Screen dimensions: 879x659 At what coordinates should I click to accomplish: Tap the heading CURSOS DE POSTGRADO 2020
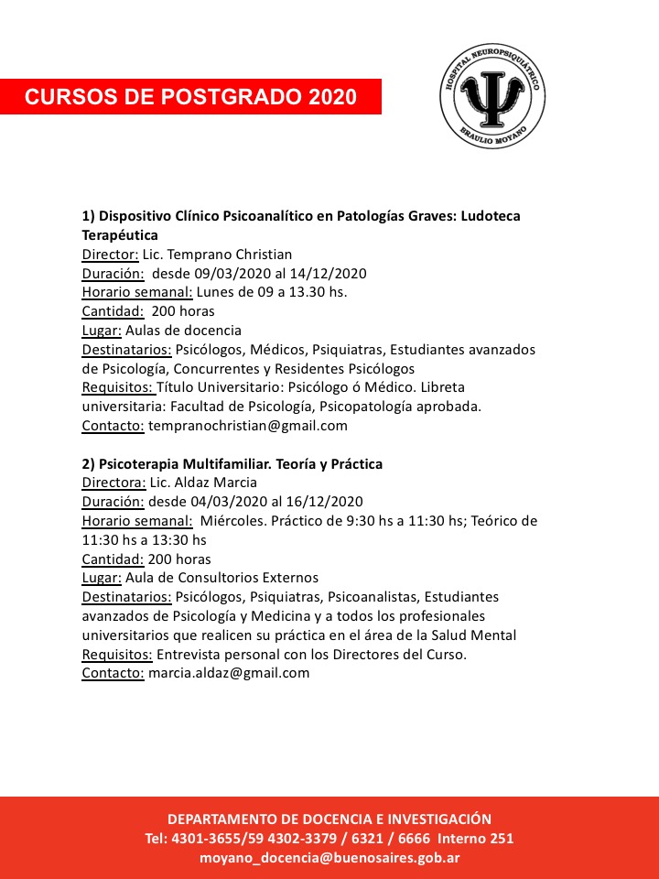pos(190,97)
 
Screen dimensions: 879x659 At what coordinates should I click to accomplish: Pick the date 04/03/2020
pos(220,501)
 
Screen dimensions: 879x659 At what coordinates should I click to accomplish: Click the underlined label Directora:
pos(112,482)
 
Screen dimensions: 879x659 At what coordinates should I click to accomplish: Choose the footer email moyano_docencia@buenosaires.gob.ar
pos(329,858)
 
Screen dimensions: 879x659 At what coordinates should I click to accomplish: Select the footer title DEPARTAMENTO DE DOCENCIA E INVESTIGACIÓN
pos(329,819)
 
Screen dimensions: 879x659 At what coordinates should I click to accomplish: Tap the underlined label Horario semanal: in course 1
pos(137,292)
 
